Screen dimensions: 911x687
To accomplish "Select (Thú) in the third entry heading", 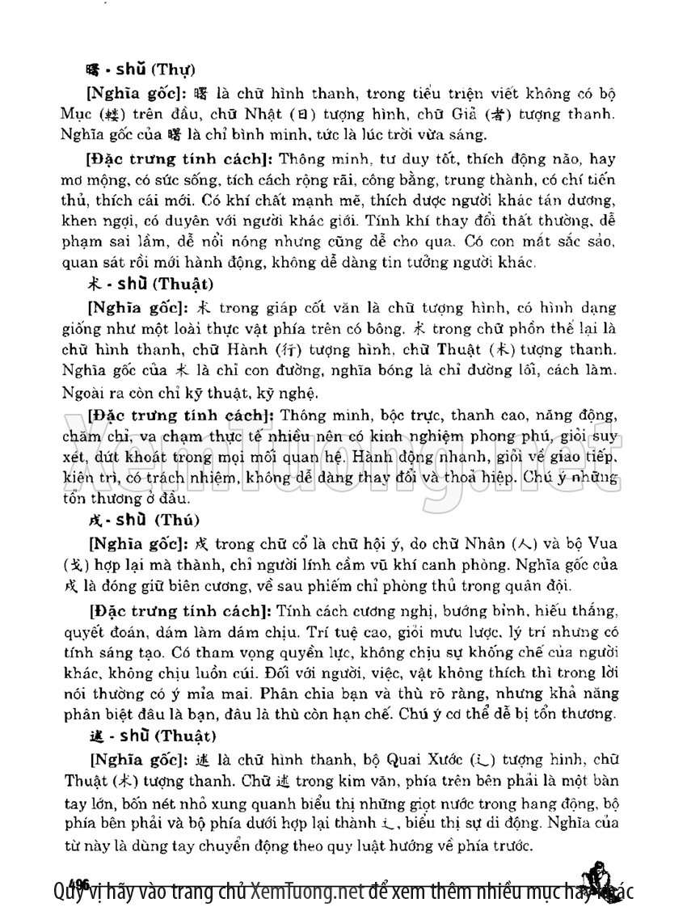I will point(178,519).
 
